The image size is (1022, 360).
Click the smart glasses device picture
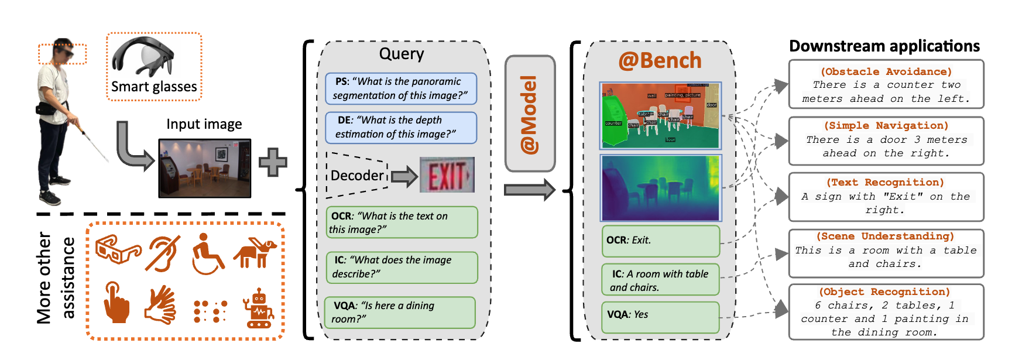[x=143, y=57]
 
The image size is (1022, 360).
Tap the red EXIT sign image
[x=447, y=175]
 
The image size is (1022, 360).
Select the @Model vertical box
[x=530, y=114]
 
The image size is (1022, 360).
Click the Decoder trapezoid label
[x=357, y=176]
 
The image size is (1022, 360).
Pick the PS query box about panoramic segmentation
[x=401, y=88]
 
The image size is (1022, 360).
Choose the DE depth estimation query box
[x=401, y=127]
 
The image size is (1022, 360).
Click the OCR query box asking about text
[x=402, y=222]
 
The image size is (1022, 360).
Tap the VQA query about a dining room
[x=400, y=312]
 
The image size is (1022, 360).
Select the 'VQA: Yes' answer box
[x=660, y=317]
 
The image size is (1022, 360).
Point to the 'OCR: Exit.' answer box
[x=660, y=241]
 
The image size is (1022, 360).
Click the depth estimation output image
[x=661, y=187]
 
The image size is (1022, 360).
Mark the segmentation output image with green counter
[x=660, y=115]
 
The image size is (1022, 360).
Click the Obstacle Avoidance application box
[x=886, y=84]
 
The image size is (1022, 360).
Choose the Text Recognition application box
[x=886, y=197]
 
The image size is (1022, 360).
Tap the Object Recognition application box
[x=886, y=311]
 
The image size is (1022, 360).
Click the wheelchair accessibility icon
[x=207, y=254]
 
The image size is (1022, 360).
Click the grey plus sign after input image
[x=273, y=162]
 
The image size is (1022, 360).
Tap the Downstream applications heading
[x=884, y=46]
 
